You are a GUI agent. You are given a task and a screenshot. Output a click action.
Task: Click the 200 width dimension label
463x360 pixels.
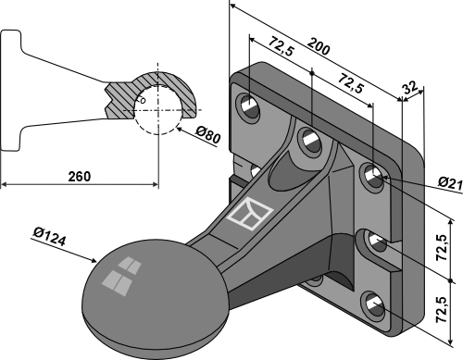319,46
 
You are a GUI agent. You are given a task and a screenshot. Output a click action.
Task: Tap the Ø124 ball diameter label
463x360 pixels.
49,236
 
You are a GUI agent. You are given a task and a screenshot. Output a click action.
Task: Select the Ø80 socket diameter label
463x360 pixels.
208,135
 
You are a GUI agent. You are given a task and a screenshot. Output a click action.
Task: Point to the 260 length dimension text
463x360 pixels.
80,177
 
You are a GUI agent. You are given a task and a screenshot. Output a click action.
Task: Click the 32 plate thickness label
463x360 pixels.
410,87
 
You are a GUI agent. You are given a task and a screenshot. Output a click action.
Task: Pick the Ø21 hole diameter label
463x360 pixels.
450,183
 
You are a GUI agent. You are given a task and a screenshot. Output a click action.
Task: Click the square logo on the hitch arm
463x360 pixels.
250,215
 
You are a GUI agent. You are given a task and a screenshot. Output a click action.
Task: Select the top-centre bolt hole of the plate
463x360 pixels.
310,142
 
